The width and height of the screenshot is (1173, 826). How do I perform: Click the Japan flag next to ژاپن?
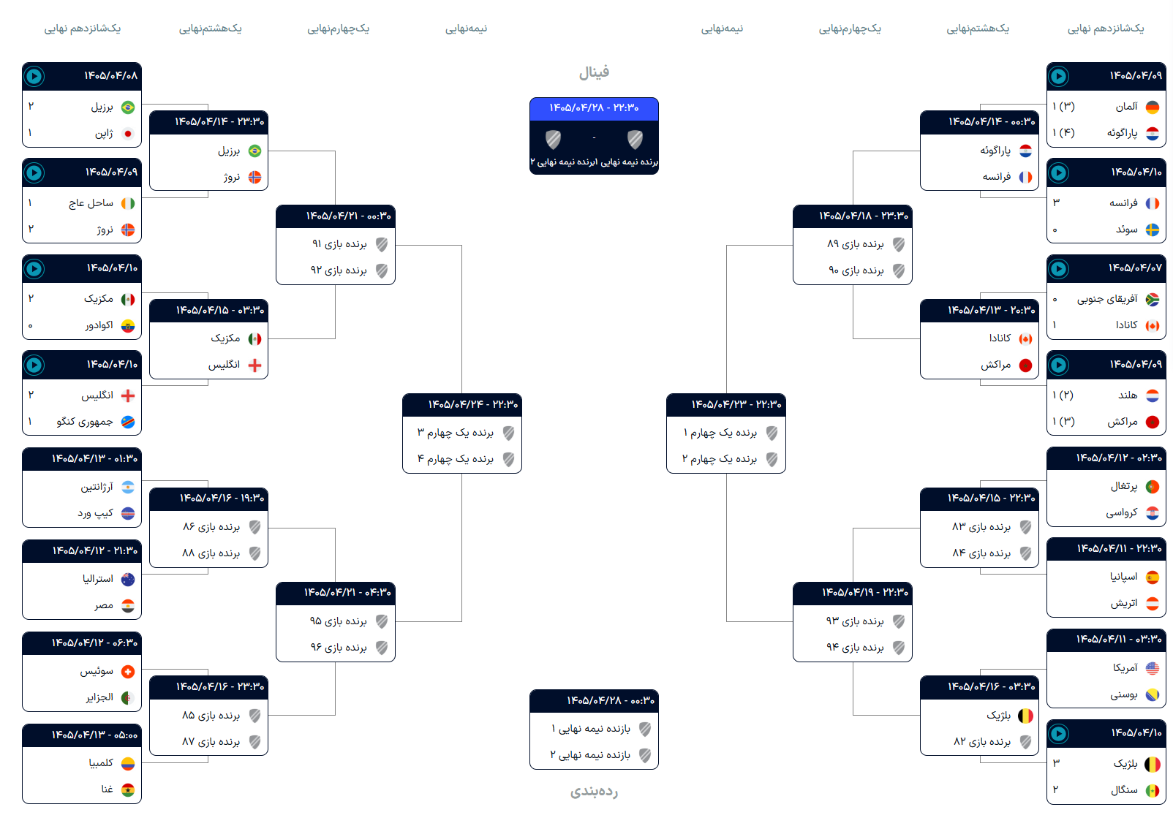(x=128, y=134)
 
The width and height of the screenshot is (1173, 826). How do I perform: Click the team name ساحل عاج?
(x=91, y=202)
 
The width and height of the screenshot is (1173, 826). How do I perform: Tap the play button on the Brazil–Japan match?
(x=34, y=77)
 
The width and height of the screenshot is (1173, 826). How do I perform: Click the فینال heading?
(x=594, y=72)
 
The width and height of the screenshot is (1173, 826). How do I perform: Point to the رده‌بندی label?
(x=594, y=791)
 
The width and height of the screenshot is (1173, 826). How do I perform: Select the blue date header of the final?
(x=594, y=108)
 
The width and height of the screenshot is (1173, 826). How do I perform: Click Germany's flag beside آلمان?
(x=1153, y=107)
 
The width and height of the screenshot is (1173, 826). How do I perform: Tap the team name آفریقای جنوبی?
(x=1107, y=300)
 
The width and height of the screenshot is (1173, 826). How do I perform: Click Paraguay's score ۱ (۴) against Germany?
(x=1063, y=133)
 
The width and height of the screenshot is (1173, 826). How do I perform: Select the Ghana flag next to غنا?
(x=128, y=790)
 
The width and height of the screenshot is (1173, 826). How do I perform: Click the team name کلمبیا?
(x=101, y=762)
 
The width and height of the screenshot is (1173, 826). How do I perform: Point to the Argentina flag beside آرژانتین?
(x=128, y=488)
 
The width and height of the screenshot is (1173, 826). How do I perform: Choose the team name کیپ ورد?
(x=95, y=513)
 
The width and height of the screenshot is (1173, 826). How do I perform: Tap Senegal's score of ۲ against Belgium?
(x=1056, y=789)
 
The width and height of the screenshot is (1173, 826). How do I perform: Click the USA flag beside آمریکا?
(x=1153, y=668)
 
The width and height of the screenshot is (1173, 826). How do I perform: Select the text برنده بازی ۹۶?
(x=339, y=648)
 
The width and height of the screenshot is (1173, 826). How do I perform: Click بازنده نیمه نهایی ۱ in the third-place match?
(x=591, y=729)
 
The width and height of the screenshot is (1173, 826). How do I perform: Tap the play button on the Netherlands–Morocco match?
(x=1059, y=365)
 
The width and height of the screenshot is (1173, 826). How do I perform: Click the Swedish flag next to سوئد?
(x=1153, y=230)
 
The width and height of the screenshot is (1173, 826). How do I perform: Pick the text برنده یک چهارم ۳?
(x=455, y=432)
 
